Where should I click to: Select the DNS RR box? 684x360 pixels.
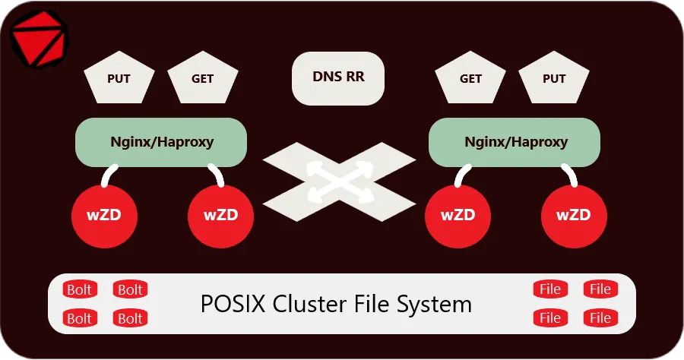pos(338,77)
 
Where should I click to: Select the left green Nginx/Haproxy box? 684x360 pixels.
pos(161,142)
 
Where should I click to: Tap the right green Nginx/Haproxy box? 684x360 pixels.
pos(515,142)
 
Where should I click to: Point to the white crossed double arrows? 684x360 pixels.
pos(339,181)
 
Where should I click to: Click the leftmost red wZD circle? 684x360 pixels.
pos(104,215)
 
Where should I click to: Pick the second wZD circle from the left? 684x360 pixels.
pos(220,215)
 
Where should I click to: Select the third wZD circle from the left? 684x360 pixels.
pos(458,215)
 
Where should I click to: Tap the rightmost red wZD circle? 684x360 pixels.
pos(574,215)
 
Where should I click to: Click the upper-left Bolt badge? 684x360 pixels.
pos(79,289)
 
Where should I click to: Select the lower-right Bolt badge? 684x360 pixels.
pos(130,318)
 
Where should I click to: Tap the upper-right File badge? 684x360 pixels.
pos(600,289)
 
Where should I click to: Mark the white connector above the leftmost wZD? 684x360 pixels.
pos(107,176)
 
